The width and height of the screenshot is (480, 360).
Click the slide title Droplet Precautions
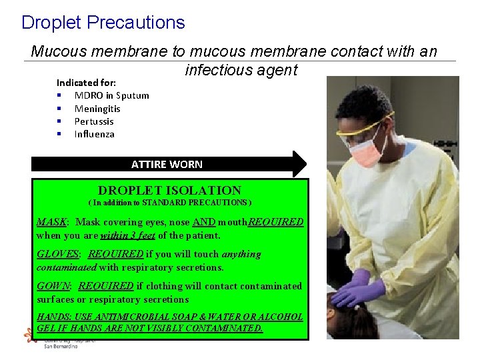tap(103, 23)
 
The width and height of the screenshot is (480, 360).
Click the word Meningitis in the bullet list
tap(97, 109)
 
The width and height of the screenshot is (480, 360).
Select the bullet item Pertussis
tap(94, 121)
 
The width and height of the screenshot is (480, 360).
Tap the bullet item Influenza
tap(94, 134)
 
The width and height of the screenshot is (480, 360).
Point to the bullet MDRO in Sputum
tap(111, 95)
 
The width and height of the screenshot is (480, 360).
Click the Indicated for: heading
tap(86, 83)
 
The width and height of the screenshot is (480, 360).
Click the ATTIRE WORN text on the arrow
tap(167, 164)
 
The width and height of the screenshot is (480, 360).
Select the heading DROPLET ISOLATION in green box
tap(169, 190)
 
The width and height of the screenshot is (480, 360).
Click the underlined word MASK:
tap(52, 222)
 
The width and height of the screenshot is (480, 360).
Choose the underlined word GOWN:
tap(54, 286)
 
